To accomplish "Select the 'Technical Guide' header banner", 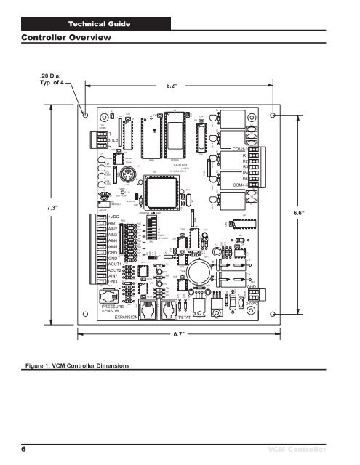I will [x=99, y=25].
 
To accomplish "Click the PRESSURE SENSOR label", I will [x=113, y=310].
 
